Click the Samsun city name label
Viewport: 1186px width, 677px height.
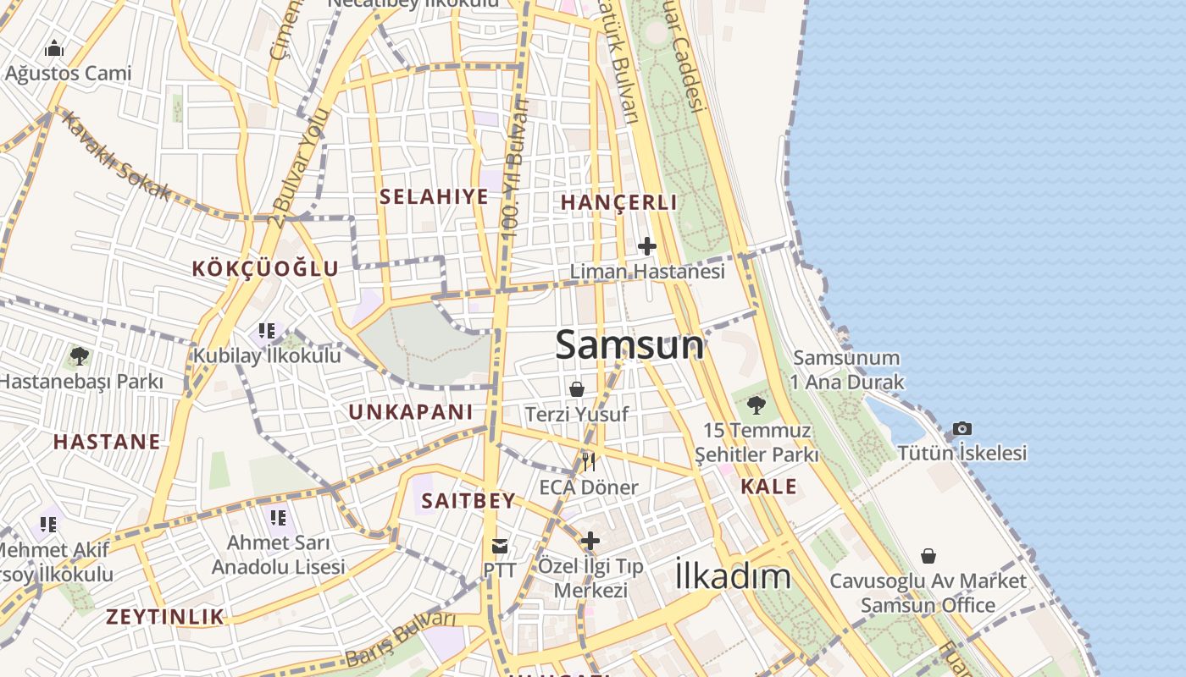tap(629, 345)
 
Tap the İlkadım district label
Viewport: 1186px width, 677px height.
tap(733, 576)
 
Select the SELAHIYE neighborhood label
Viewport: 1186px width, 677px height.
tap(434, 197)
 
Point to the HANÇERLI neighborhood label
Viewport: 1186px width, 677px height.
tap(618, 202)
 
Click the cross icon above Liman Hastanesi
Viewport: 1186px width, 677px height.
tap(647, 246)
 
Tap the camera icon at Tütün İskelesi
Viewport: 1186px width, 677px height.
tap(962, 428)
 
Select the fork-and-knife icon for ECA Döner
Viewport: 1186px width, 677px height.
tap(589, 461)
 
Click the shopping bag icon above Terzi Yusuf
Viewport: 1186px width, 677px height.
tap(577, 389)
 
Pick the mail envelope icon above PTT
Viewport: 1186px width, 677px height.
tap(500, 546)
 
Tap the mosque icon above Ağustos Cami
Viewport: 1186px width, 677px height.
tap(54, 48)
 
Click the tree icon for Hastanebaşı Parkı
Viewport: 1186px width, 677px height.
tap(80, 356)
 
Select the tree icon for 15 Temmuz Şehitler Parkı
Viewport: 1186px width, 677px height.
tap(756, 405)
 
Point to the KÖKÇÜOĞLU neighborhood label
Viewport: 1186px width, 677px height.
tap(265, 269)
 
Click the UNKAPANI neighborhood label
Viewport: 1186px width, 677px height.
tap(411, 412)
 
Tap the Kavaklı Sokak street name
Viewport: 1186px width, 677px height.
tap(114, 154)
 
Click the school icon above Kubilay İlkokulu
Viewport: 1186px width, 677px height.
tap(267, 331)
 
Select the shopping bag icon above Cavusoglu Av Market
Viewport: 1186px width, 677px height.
tap(928, 556)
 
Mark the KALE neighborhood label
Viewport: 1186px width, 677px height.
tap(768, 487)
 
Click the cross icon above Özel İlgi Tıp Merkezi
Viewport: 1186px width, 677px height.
tap(590, 541)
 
